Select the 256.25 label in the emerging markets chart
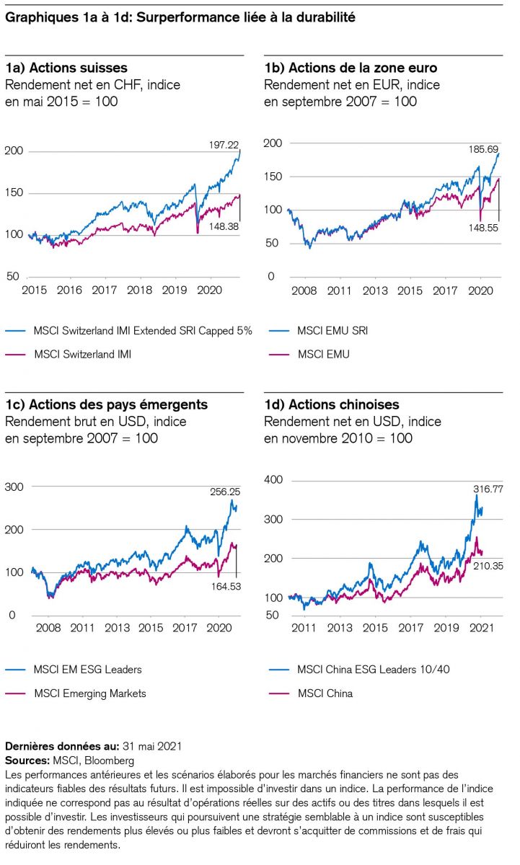pyautogui.click(x=225, y=492)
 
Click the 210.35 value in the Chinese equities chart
pyautogui.click(x=488, y=566)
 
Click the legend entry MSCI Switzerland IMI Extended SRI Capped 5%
pyautogui.click(x=143, y=331)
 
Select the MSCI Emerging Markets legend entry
pyautogui.click(x=90, y=693)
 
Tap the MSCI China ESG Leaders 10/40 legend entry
pyautogui.click(x=374, y=670)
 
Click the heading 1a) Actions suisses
pyautogui.click(x=66, y=68)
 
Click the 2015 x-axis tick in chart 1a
pyautogui.click(x=35, y=290)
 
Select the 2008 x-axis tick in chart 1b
pyautogui.click(x=304, y=290)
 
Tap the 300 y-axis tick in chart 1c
pyautogui.click(x=15, y=487)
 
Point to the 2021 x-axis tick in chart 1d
pyautogui.click(x=482, y=628)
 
